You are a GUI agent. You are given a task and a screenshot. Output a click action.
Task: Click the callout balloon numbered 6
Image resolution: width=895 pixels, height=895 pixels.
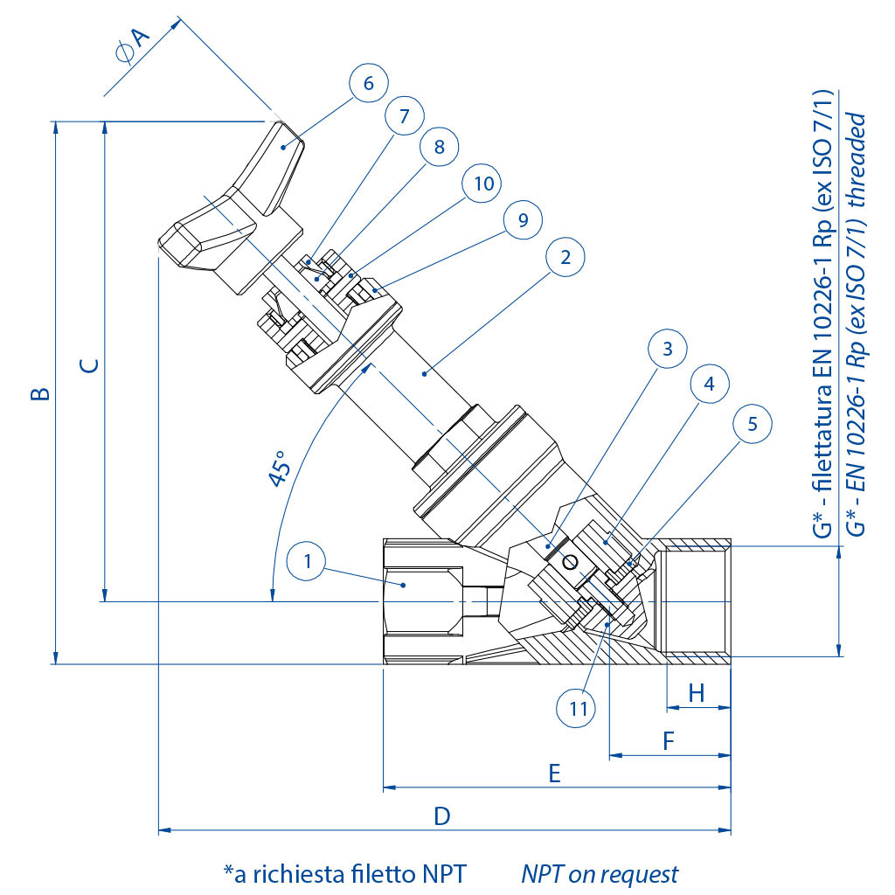(368, 83)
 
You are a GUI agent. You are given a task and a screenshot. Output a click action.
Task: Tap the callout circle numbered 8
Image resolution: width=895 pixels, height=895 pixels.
(439, 148)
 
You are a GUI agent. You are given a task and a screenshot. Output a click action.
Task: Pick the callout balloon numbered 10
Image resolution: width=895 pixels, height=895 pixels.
(484, 184)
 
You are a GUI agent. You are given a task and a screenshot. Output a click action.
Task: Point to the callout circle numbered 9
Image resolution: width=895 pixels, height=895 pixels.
(523, 220)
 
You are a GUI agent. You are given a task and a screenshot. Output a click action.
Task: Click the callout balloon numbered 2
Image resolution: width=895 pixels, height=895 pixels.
(565, 258)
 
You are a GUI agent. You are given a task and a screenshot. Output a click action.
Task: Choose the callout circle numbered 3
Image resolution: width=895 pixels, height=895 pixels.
(668, 350)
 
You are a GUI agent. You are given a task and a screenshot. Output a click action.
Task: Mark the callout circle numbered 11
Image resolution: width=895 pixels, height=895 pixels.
(579, 708)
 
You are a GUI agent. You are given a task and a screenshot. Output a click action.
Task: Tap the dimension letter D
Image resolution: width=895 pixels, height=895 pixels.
(442, 815)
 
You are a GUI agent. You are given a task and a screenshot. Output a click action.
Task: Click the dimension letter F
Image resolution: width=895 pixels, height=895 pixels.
(669, 741)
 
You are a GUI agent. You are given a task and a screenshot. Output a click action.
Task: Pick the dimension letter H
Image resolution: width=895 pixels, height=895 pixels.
(697, 693)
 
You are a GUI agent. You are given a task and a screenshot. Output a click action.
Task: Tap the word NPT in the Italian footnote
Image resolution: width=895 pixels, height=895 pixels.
(444, 873)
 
